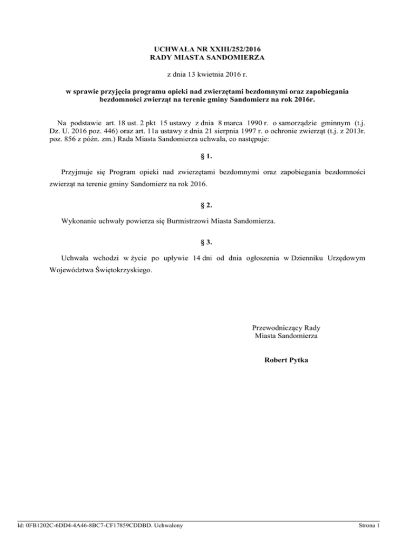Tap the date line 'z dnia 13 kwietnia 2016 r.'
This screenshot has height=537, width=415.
pos(207,73)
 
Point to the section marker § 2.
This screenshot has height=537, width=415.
pos(207,205)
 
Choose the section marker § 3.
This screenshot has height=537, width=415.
pos(207,243)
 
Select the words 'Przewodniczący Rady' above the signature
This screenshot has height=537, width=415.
pos(286,327)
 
